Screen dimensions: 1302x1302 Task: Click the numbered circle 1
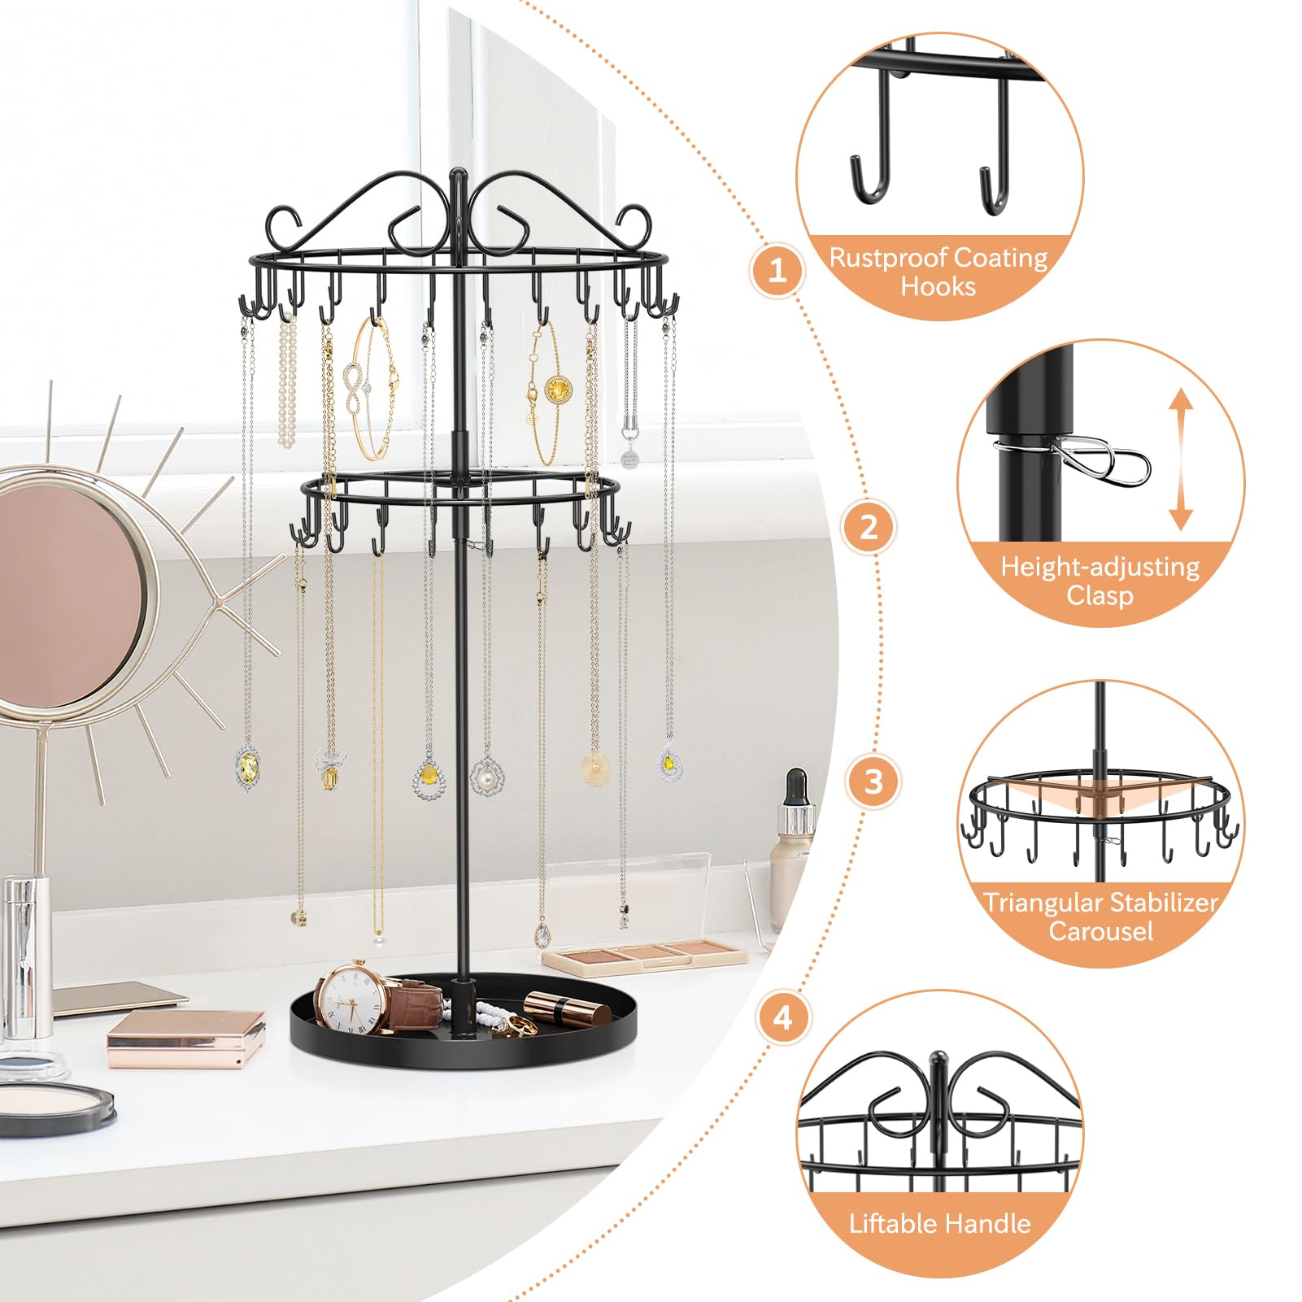point(777,269)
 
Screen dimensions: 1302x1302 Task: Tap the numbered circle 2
point(869,527)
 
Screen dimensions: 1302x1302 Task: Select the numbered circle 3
point(873,782)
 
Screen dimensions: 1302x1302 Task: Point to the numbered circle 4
point(782,1017)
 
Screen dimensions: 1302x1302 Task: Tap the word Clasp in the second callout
point(1100,595)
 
